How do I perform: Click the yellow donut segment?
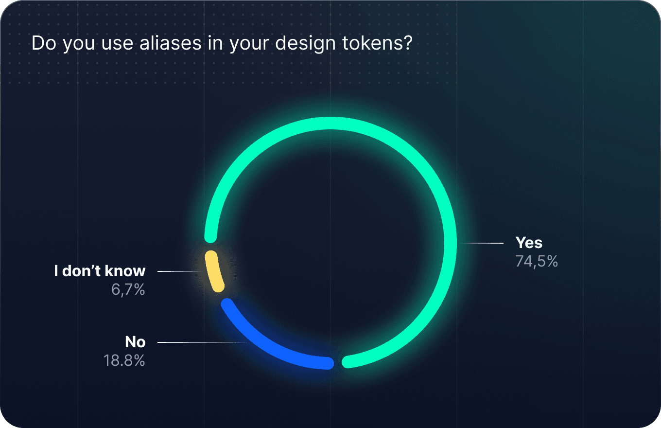point(214,271)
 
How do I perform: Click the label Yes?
point(529,243)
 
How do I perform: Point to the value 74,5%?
point(537,261)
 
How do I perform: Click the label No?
point(135,342)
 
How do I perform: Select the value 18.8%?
point(124,361)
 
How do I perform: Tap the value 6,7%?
point(128,290)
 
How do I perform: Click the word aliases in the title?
point(170,43)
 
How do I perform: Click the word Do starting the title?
point(44,43)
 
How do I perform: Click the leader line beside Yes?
point(481,243)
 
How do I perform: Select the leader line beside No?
point(202,342)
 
